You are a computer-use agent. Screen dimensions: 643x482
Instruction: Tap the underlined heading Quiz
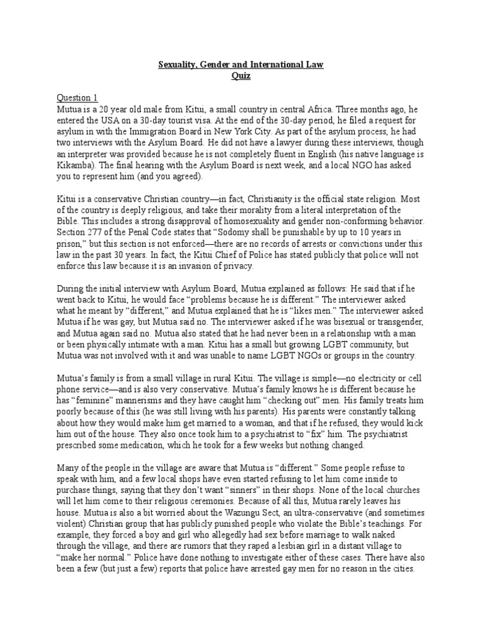tap(240, 75)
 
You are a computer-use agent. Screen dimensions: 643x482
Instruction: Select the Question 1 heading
tap(77, 97)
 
